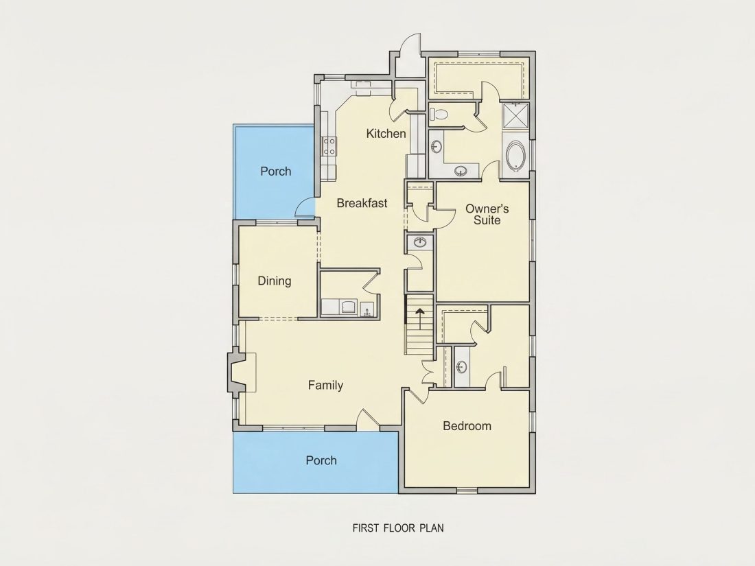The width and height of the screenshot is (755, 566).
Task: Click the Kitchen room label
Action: pos(386,133)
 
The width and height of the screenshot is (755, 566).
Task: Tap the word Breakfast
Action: pos(362,203)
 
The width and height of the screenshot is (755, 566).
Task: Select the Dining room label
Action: pos(275,281)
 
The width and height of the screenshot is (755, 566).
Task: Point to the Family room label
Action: pos(325,385)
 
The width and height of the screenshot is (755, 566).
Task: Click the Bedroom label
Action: pos(467,426)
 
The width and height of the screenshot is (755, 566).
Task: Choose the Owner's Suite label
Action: pos(487,215)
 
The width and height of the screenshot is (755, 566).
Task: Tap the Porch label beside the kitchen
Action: pos(276,172)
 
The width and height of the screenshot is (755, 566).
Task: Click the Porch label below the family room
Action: pos(321,460)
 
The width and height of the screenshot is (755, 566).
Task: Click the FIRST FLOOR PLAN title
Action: pos(398,528)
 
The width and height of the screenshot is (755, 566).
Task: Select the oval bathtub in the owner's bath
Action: pos(516,156)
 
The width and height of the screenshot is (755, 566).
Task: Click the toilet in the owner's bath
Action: pos(439,114)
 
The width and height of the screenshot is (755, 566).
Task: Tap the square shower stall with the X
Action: pos(515,116)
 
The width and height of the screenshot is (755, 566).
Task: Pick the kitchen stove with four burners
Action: pos(329,146)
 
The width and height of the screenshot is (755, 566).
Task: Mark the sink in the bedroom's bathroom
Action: pos(461,367)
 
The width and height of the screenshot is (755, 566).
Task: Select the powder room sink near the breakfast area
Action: pos(420,241)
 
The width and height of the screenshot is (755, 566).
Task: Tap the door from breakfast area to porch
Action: pos(305,207)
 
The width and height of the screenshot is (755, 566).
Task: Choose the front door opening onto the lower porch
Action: pos(368,419)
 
